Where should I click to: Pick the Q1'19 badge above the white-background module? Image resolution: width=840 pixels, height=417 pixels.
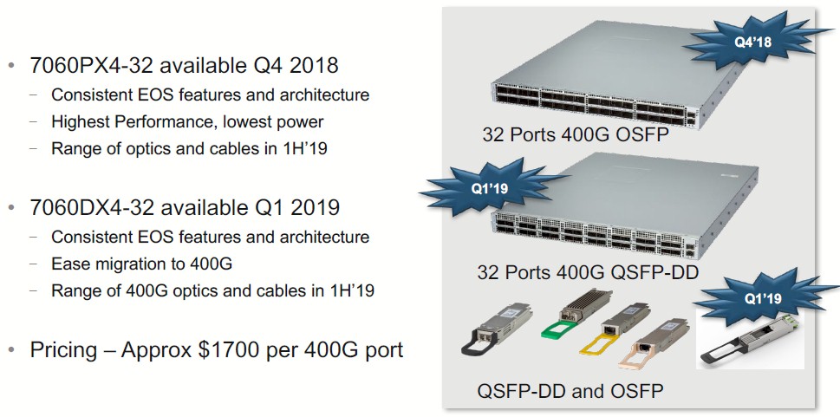(763, 298)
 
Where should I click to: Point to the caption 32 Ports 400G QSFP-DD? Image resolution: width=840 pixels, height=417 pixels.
(588, 273)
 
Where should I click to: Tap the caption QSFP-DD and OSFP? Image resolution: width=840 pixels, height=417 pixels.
(576, 391)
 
